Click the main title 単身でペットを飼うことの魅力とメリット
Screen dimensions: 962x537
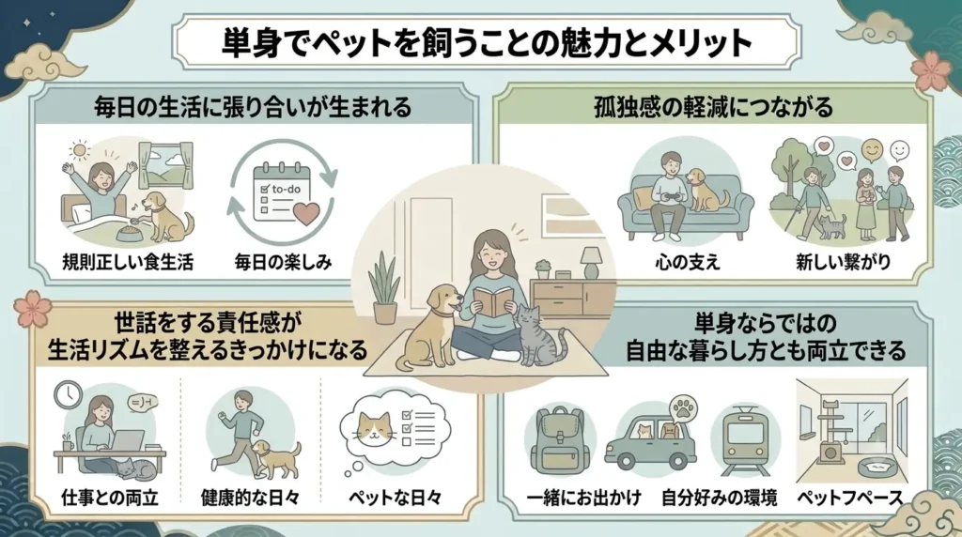(x=487, y=42)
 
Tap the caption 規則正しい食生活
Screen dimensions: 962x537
(x=128, y=262)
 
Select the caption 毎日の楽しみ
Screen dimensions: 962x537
(x=283, y=262)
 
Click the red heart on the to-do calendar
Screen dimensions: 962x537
(x=305, y=213)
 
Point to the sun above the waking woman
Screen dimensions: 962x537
(x=79, y=149)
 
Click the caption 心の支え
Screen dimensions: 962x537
(x=687, y=262)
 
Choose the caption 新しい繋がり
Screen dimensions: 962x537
(x=843, y=262)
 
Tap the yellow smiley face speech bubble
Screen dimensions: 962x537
(x=872, y=149)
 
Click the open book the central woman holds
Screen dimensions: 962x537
(x=492, y=301)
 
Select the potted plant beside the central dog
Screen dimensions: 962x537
(x=384, y=288)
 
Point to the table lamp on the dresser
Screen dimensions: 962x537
(x=590, y=262)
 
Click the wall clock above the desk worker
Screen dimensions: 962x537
(x=68, y=395)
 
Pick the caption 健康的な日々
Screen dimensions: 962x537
(x=250, y=498)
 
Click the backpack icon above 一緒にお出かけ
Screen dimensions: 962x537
(x=560, y=440)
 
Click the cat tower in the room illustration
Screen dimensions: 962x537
(x=830, y=437)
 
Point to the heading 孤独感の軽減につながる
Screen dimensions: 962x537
(x=714, y=107)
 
